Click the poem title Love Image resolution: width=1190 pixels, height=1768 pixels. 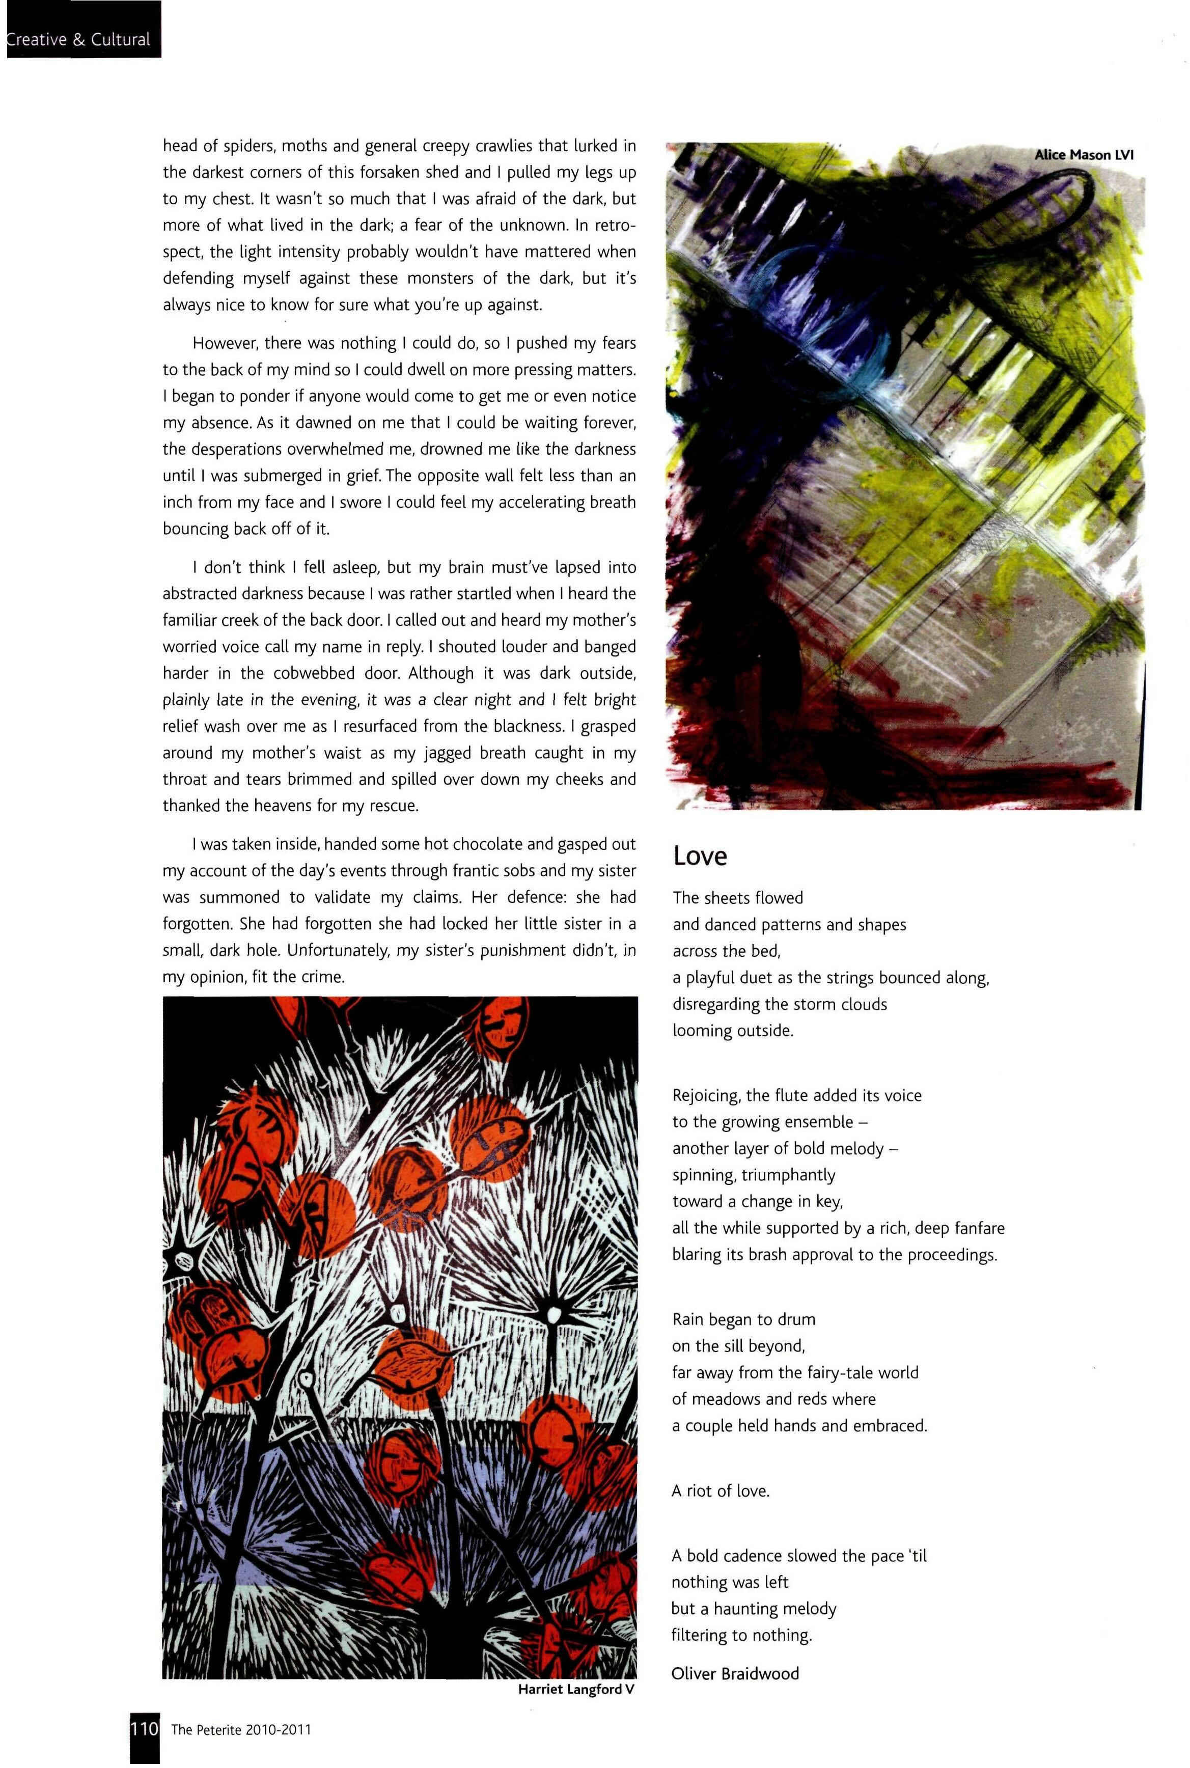[700, 856]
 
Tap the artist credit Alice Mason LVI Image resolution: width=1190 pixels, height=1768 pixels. [1084, 155]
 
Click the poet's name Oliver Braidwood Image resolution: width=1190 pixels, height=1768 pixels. [735, 1673]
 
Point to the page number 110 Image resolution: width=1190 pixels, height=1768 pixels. [144, 1730]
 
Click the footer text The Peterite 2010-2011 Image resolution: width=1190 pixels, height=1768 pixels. [241, 1730]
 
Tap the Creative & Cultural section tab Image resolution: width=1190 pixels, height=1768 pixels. [79, 39]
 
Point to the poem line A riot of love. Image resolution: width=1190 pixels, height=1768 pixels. [720, 1491]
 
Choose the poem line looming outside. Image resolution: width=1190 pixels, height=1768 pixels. [732, 1031]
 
